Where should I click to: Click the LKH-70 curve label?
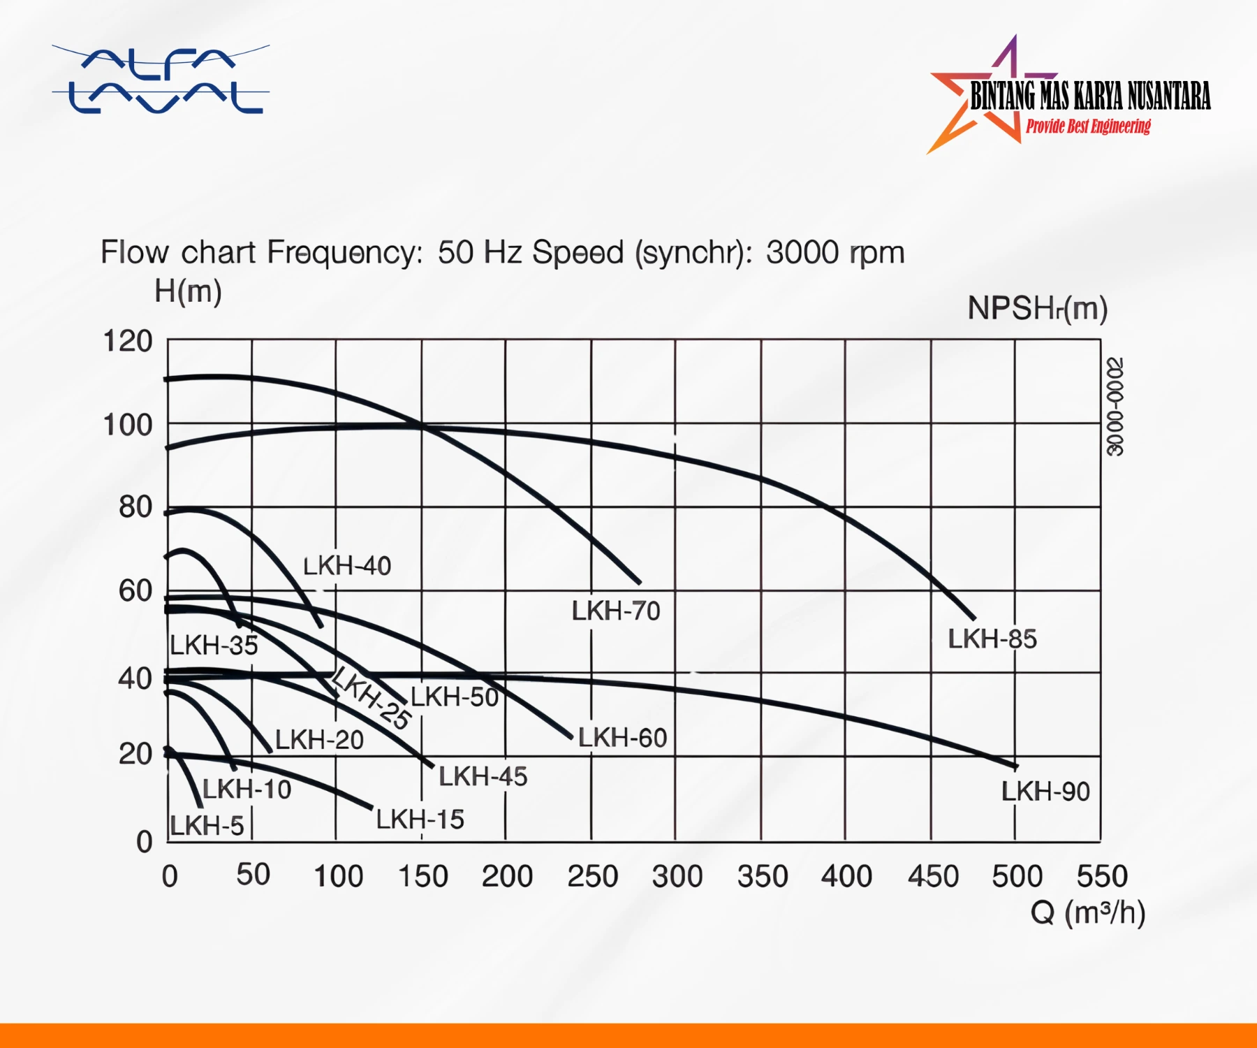(615, 611)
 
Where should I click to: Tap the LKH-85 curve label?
(992, 639)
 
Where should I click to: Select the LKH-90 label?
(1045, 792)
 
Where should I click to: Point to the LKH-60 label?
(622, 738)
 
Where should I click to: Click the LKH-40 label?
(347, 566)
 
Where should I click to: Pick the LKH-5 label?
(207, 826)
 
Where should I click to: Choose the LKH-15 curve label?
(420, 820)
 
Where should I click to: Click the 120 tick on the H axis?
(127, 342)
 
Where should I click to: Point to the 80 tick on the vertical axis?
(135, 507)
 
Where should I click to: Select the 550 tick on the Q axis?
(1101, 876)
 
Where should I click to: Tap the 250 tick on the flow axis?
(592, 876)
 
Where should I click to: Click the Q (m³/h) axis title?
(1087, 912)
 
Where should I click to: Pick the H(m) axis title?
(188, 291)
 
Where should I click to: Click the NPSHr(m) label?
(1037, 308)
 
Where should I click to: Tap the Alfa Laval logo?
(161, 80)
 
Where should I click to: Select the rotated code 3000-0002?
(1115, 407)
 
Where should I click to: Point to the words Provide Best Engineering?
(1088, 126)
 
